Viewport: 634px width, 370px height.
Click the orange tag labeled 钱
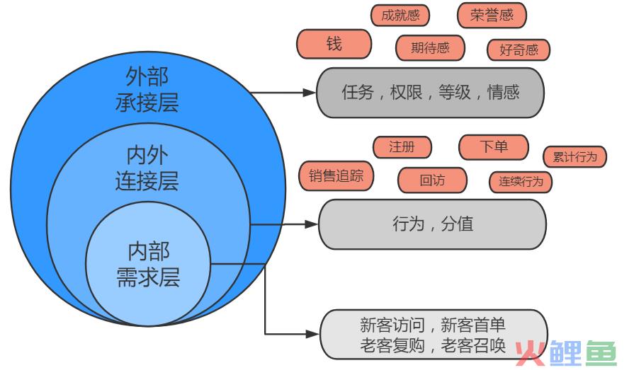click(x=334, y=44)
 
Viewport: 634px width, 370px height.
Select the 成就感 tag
click(x=400, y=16)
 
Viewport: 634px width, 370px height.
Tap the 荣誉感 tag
click(x=492, y=16)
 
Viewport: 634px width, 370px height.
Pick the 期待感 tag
click(x=430, y=48)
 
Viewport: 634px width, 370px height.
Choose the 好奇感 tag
click(x=519, y=50)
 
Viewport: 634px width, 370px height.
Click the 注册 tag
click(x=402, y=147)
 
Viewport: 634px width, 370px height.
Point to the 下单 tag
click(x=494, y=147)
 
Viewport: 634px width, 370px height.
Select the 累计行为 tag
click(x=574, y=157)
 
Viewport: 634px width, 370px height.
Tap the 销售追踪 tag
click(x=336, y=175)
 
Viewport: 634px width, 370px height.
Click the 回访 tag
click(x=432, y=180)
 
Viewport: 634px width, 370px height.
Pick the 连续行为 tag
click(x=521, y=182)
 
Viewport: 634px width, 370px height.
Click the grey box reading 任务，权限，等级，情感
click(x=430, y=93)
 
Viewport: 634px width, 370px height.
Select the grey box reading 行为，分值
click(x=432, y=224)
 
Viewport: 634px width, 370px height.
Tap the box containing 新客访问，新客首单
click(x=434, y=335)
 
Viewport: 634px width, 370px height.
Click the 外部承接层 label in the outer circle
click(x=147, y=89)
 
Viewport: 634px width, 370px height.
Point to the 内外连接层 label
click(x=147, y=168)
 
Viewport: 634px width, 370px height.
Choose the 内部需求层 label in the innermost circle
click(x=148, y=265)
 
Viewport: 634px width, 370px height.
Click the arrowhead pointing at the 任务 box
click(x=310, y=93)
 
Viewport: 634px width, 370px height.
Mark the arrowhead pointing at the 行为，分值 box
click(x=312, y=224)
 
